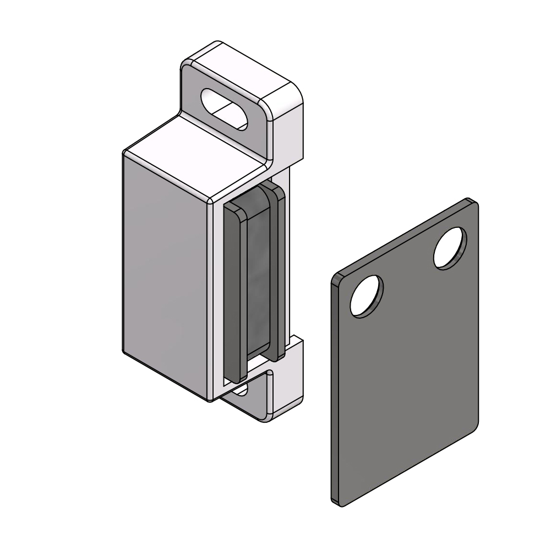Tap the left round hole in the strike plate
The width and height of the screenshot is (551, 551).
(367, 296)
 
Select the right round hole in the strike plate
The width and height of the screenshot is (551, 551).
(450, 248)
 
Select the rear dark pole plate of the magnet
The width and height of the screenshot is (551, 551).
(279, 270)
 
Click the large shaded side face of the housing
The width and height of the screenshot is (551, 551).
(165, 275)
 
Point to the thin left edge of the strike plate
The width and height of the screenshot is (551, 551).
(333, 385)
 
